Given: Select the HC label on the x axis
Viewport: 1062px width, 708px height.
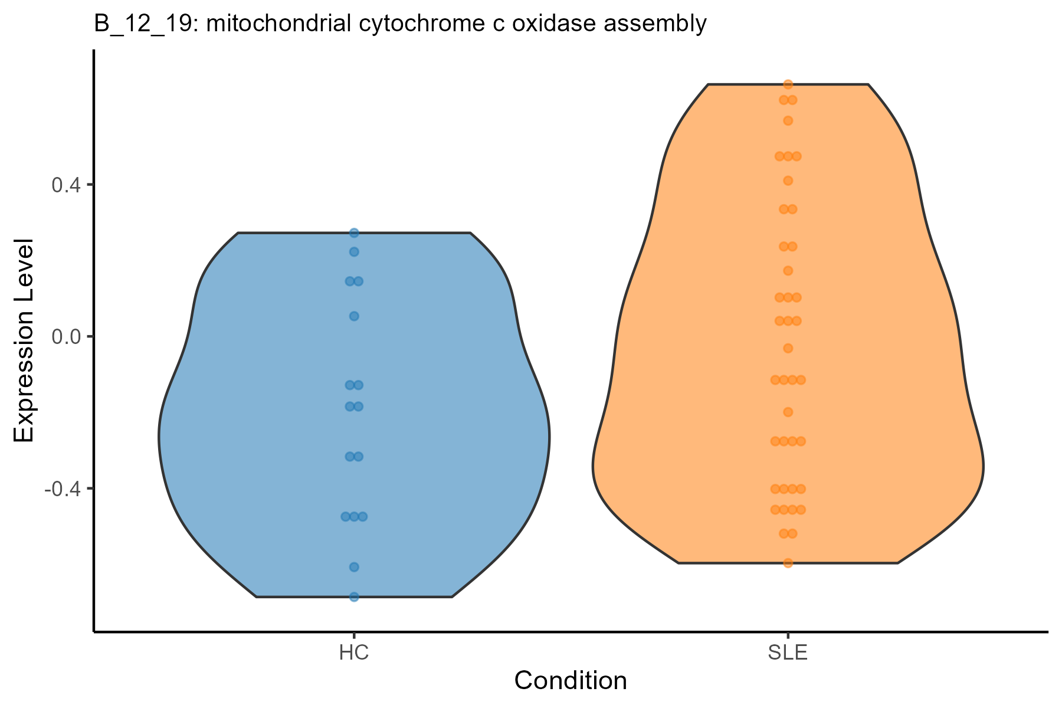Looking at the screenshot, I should point(354,653).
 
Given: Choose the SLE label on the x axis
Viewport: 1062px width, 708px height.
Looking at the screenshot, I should point(788,653).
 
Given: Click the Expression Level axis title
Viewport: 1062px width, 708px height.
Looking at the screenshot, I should point(24,341).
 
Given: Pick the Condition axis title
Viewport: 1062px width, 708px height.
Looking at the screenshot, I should point(571,681).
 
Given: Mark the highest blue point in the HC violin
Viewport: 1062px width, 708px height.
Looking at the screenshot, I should point(354,233).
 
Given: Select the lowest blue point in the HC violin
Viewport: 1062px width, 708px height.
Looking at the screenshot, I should point(354,596).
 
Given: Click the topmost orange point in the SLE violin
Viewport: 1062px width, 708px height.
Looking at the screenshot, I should point(788,84).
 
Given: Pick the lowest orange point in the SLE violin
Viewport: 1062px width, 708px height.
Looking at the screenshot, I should point(788,563).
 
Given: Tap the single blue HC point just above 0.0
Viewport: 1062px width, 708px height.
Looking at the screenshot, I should point(354,316).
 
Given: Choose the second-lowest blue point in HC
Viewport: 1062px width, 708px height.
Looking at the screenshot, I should point(354,567).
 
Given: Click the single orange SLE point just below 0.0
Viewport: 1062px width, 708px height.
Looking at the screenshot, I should point(788,348).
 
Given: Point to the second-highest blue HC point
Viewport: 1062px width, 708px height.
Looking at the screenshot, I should point(354,252).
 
